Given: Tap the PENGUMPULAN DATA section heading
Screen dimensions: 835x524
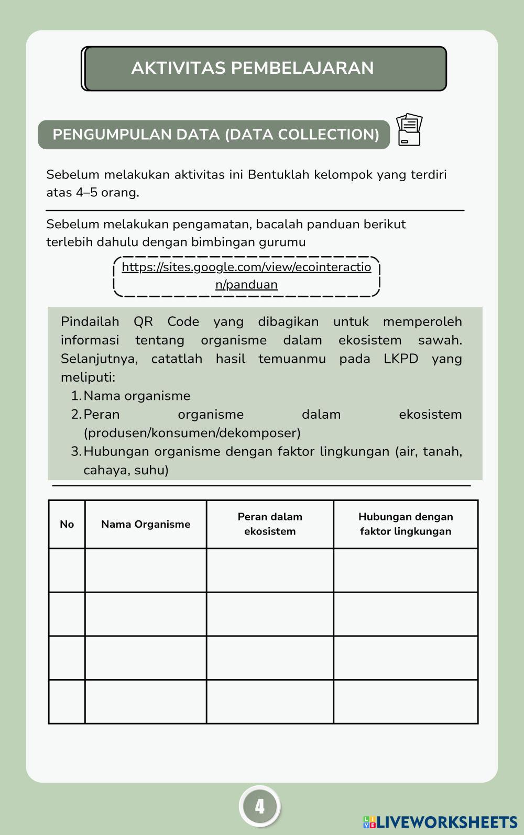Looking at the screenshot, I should point(215,135).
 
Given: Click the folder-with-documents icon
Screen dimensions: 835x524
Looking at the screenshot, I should point(409,130).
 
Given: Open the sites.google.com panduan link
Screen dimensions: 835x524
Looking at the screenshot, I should point(246,275).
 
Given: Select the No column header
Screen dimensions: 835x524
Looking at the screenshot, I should point(67,525).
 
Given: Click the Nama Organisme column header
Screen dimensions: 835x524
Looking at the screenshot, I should point(146,525).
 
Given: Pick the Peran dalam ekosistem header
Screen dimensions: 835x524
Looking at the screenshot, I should point(270,524).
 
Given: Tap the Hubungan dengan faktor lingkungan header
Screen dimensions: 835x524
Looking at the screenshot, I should point(406,524).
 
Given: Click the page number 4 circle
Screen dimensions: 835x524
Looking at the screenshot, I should point(260,807).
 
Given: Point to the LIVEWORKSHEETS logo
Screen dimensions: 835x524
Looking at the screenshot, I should point(440,822).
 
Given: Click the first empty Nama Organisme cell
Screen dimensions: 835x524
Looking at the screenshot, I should point(146,571).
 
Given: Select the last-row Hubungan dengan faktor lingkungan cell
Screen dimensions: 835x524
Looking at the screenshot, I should point(406,702).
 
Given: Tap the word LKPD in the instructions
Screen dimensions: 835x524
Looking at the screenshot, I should point(400,359).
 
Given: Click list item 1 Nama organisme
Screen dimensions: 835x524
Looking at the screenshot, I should point(136,396).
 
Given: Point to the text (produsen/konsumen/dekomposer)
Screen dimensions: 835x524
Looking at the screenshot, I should point(192,433).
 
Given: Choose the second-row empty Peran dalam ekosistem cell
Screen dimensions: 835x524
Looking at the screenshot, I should point(270,614).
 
